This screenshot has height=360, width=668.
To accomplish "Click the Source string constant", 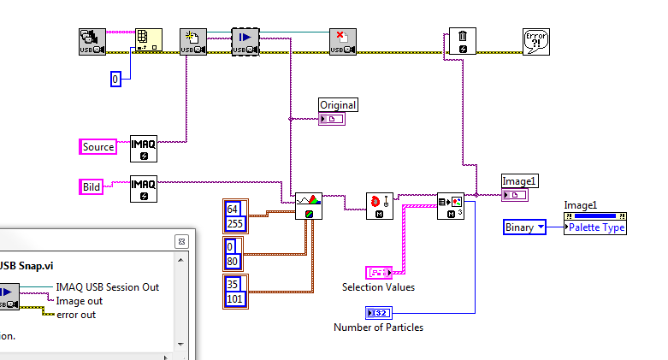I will click(x=98, y=147).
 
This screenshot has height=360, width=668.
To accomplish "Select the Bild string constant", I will click(x=92, y=186).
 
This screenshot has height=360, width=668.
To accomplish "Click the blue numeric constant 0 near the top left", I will click(x=116, y=79).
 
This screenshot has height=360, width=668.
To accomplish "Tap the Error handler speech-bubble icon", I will click(x=535, y=42).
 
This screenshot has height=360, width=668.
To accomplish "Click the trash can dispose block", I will click(x=462, y=42).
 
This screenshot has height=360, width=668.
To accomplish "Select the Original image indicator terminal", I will click(x=332, y=119).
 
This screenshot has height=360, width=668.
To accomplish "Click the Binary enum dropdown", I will click(x=524, y=227).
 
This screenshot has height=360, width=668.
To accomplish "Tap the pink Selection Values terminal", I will click(x=379, y=273).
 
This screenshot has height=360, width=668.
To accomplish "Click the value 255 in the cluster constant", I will click(x=235, y=224).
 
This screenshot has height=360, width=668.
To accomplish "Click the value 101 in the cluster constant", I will click(x=235, y=298).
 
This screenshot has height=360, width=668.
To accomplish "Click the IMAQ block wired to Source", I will click(x=143, y=148).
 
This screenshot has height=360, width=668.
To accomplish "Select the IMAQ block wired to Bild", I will click(x=143, y=188).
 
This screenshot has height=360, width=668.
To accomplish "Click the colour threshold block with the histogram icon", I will click(x=309, y=205).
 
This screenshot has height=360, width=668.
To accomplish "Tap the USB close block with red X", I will click(x=343, y=42).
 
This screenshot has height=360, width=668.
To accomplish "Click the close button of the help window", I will click(x=181, y=241).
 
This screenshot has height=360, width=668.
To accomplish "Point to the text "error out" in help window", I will click(x=76, y=315).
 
